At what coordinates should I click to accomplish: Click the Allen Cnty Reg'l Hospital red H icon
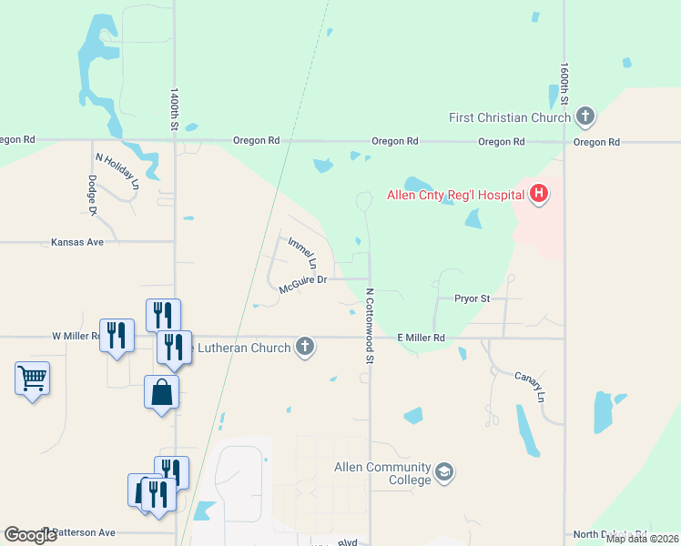point(539,194)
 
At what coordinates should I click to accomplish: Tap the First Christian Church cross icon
point(585,116)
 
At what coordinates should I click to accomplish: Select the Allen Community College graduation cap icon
point(443,472)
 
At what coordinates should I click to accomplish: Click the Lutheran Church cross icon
point(305,346)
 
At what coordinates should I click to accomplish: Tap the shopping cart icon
point(32,377)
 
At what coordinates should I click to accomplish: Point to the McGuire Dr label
point(303,284)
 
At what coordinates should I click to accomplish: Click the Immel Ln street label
point(302,252)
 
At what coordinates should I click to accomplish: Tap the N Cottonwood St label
point(370,327)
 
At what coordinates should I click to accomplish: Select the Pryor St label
point(473,298)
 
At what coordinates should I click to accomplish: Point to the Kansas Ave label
point(77,242)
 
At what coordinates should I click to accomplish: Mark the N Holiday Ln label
point(117,170)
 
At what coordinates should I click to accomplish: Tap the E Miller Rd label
point(421,338)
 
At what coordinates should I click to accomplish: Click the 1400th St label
point(174,109)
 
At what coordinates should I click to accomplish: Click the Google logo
point(30,535)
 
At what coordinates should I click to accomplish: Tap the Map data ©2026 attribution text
point(642,539)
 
